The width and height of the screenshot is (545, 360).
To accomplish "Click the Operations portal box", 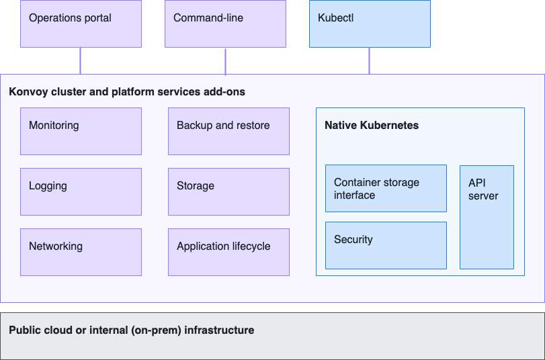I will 81,24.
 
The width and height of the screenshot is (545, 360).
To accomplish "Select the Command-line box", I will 225,24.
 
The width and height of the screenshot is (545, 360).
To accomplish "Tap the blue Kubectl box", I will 370,24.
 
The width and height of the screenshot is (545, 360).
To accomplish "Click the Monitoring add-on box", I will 81,131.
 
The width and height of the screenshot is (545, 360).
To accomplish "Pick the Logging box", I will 81,191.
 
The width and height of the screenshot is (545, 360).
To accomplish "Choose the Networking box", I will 81,252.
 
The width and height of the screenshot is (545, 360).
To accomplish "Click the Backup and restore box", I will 228,131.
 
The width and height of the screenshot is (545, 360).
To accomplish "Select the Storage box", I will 228,191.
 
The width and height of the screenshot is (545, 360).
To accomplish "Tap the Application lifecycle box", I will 228,252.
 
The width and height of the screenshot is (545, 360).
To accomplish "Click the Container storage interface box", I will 386,189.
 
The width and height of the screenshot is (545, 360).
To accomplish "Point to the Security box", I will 386,245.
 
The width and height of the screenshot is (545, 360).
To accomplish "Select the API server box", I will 487,217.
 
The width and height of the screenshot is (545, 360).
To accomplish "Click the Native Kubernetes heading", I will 372,126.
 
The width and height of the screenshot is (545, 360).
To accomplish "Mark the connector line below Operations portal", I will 81,60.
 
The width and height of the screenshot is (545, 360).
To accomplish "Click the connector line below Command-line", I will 225,60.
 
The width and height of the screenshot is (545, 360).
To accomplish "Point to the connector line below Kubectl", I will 369,60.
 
